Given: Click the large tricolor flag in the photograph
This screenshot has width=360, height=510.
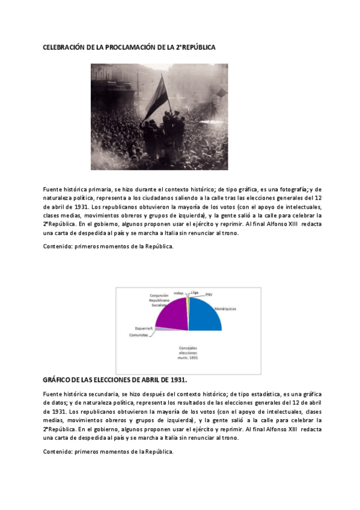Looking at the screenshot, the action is pos(156,100).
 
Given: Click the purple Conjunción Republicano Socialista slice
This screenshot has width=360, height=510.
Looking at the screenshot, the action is pos(172,314).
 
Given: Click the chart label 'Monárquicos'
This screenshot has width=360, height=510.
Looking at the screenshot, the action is pos(225,308).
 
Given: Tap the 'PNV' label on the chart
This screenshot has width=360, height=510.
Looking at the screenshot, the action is pos(209,295).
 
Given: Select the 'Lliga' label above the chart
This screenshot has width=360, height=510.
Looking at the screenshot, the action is pos(194,292).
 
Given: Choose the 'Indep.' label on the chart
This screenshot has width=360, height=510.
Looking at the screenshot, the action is pos(178,293).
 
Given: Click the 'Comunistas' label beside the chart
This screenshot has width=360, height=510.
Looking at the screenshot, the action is pos(138,335).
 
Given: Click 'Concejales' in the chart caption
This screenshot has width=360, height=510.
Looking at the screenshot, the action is pos(189,348).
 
